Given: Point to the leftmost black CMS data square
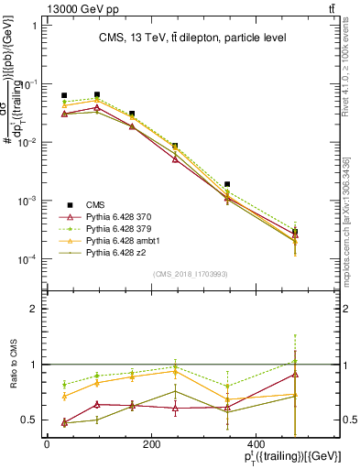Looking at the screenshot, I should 64,95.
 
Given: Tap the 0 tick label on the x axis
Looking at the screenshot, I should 47,444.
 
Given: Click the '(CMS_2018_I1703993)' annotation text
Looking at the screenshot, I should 190,274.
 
